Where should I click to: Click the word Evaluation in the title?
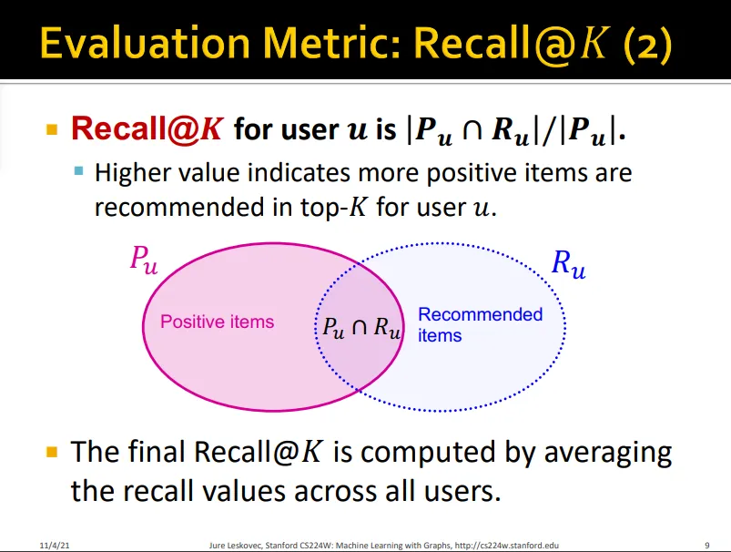click(146, 43)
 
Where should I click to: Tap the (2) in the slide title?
click(647, 45)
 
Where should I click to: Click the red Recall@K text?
click(147, 128)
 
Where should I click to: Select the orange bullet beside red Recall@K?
click(52, 128)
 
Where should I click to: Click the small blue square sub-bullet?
click(79, 170)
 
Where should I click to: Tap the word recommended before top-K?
click(179, 207)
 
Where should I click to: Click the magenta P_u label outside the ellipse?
click(144, 260)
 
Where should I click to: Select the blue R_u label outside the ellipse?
click(568, 264)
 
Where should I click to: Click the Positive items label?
click(218, 322)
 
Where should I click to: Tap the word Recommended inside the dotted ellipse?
click(480, 314)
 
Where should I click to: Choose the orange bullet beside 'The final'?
click(52, 452)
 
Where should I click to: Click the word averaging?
click(608, 454)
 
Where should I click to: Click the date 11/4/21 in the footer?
click(55, 545)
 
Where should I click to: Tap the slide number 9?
click(707, 545)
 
